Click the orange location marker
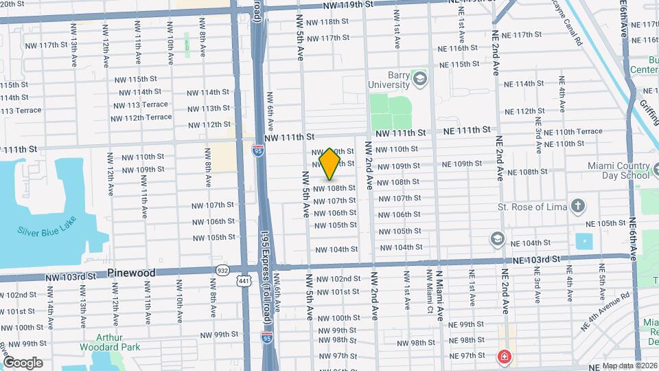329,164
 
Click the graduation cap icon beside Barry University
419,80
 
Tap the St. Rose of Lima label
534,206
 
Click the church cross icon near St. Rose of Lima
579,205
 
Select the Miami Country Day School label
618,170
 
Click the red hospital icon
505,357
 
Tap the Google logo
22,363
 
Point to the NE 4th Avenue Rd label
606,306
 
